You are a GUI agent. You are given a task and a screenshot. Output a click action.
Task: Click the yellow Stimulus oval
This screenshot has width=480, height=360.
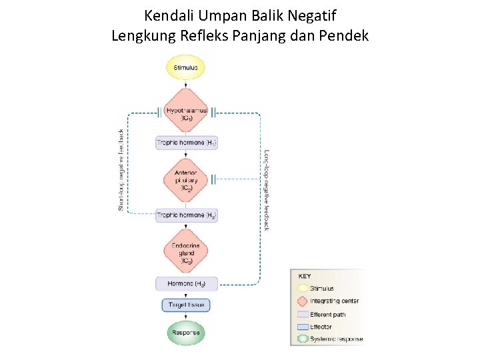pyautogui.click(x=186, y=67)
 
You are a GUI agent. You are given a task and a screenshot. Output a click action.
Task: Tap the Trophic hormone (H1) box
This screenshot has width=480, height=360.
pyautogui.click(x=186, y=143)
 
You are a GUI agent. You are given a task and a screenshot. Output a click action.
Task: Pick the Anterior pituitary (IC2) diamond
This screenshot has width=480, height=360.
pyautogui.click(x=186, y=179)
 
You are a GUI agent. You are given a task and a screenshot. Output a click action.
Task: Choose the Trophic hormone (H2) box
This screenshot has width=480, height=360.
pyautogui.click(x=186, y=215)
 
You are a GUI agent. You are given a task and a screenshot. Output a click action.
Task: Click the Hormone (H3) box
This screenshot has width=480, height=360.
pyautogui.click(x=186, y=283)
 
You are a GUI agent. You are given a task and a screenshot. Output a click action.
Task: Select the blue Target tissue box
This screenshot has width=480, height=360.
pyautogui.click(x=186, y=305)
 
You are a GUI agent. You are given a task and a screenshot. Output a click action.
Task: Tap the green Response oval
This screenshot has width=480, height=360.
pyautogui.click(x=186, y=332)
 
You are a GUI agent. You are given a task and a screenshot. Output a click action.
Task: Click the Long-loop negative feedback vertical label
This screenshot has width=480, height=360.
pyautogui.click(x=267, y=190)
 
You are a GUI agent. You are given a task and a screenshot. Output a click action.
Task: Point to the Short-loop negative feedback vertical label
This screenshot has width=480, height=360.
pyautogui.click(x=121, y=170)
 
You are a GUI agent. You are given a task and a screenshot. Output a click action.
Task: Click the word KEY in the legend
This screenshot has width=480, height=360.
pyautogui.click(x=305, y=276)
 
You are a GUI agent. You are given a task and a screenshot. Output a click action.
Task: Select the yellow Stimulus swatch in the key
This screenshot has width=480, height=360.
pyautogui.click(x=301, y=289)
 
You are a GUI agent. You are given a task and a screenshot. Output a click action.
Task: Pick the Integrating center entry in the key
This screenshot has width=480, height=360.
pyautogui.click(x=334, y=301)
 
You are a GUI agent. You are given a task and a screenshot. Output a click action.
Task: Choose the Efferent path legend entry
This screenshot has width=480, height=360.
pyautogui.click(x=329, y=314)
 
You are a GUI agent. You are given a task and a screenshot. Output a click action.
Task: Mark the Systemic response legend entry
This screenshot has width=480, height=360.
pyautogui.click(x=336, y=339)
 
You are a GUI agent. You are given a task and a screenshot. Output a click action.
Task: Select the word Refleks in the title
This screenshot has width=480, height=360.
pyautogui.click(x=204, y=35)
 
